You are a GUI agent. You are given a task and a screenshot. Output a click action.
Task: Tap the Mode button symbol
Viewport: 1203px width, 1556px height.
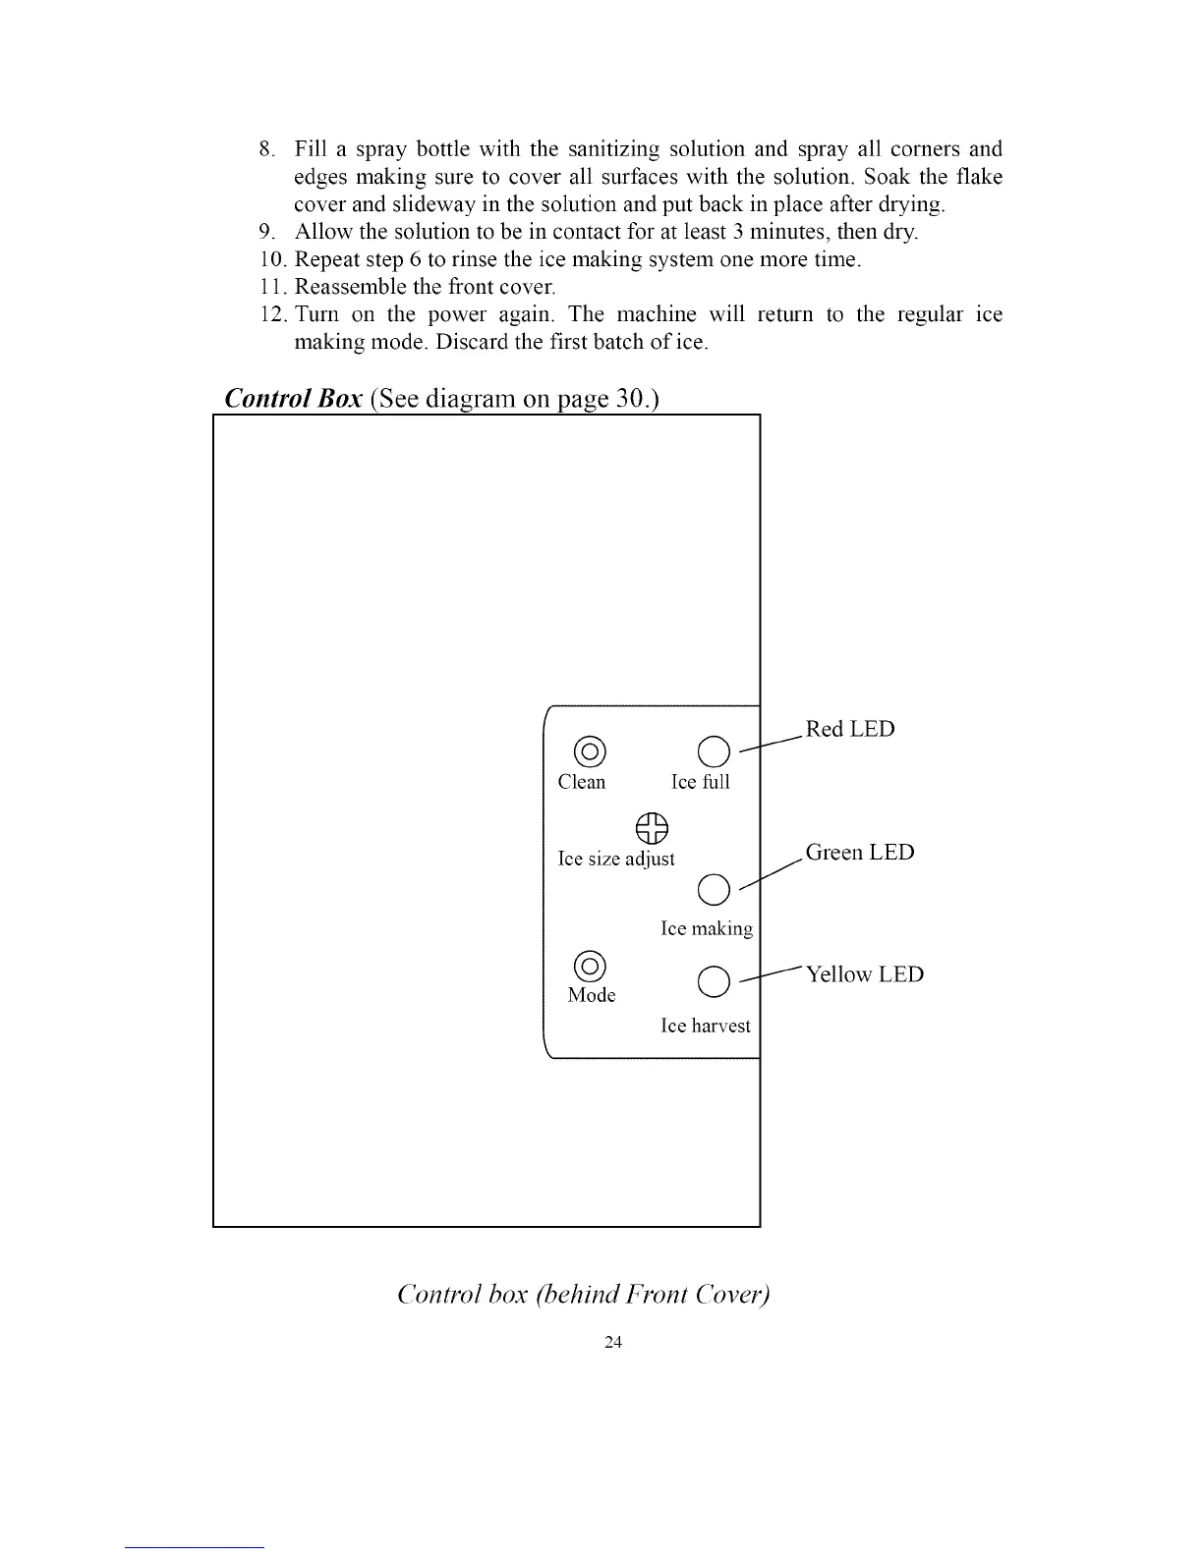(589, 967)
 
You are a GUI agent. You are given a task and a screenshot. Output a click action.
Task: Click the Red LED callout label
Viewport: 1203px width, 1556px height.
(850, 729)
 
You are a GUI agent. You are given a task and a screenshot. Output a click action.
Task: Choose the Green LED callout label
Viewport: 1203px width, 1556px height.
(860, 852)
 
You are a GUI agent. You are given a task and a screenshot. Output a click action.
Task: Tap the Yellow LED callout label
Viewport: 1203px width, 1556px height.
(865, 974)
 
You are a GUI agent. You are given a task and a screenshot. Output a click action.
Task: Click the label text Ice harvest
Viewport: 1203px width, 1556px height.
(706, 1026)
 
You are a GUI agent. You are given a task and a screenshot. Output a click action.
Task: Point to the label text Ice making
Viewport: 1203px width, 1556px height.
(707, 928)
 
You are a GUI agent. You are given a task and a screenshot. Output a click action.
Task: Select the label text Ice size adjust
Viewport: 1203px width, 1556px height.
(616, 859)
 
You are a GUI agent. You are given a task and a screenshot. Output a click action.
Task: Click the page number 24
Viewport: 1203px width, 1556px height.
(614, 1343)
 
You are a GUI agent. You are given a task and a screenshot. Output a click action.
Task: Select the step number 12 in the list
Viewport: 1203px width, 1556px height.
(270, 314)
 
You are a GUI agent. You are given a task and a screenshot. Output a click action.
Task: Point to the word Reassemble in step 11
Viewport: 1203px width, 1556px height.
(346, 287)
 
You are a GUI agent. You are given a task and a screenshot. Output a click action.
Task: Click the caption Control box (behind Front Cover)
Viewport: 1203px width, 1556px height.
(584, 1295)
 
